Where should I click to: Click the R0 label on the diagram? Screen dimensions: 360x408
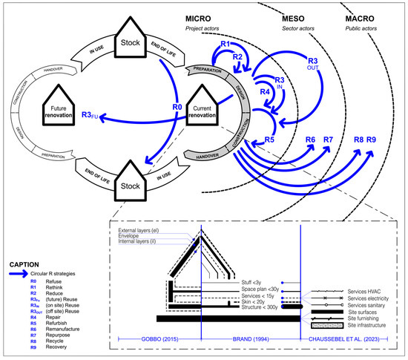coord(177,108)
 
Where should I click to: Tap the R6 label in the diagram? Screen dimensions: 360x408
coord(310,140)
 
